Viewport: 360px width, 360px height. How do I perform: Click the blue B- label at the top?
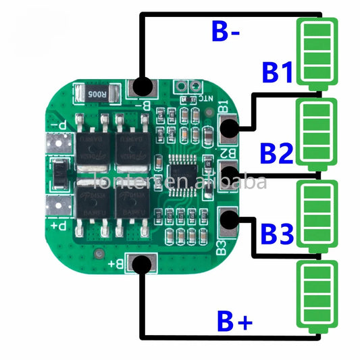[227, 32]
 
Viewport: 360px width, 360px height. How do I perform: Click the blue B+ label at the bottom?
[234, 322]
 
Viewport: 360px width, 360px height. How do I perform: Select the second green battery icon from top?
[317, 133]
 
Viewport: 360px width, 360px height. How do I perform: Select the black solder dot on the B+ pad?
[142, 265]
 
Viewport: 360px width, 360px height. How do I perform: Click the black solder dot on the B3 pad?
[230, 217]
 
